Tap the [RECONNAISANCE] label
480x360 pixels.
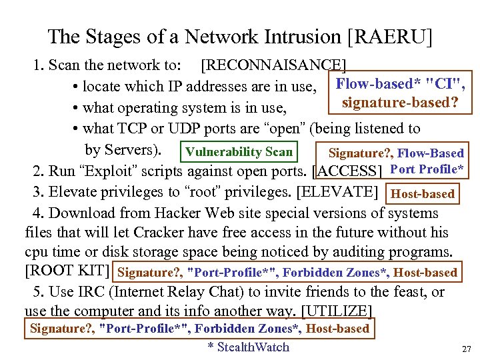click(273, 65)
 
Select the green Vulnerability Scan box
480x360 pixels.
click(239, 151)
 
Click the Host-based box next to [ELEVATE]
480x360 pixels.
click(423, 194)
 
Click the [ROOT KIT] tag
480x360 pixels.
click(67, 271)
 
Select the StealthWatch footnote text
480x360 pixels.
click(248, 347)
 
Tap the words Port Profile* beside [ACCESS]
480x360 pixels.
click(427, 169)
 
